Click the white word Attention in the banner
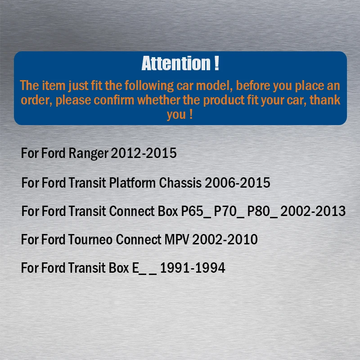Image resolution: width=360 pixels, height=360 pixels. click(x=176, y=63)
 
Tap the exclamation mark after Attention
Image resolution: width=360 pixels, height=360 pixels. click(x=216, y=63)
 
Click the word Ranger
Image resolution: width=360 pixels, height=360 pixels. click(x=88, y=153)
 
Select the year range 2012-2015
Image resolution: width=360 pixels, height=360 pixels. click(x=144, y=153)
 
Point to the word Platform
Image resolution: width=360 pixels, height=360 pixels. click(x=132, y=183)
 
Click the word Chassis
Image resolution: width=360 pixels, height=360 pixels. click(x=180, y=183)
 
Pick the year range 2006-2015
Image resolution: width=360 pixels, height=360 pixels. click(x=238, y=183)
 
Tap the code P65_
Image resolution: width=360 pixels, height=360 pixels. click(x=196, y=211)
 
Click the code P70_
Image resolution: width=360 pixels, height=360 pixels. click(x=229, y=211)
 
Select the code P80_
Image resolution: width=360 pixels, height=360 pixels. click(x=262, y=211)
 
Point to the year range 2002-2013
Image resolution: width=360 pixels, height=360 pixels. click(x=313, y=211)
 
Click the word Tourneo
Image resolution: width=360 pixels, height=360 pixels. click(x=90, y=239)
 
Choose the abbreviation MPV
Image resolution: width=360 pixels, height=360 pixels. click(x=177, y=239)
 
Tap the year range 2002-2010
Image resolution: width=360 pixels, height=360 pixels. click(x=225, y=239)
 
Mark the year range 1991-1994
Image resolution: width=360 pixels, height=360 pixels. click(x=193, y=268)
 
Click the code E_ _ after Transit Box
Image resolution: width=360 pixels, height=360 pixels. click(x=144, y=268)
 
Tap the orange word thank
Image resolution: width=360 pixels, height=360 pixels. click(x=325, y=100)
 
